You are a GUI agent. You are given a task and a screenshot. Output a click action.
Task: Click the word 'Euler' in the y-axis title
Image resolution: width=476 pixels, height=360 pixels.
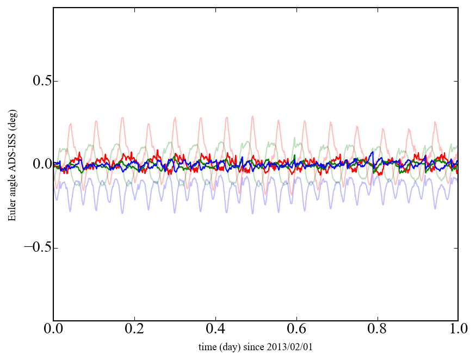click(11, 211)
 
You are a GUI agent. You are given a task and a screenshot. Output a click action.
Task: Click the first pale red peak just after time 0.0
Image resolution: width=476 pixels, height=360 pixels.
click(71, 125)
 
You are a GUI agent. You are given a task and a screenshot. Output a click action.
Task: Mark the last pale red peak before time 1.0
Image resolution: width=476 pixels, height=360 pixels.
click(435, 122)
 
